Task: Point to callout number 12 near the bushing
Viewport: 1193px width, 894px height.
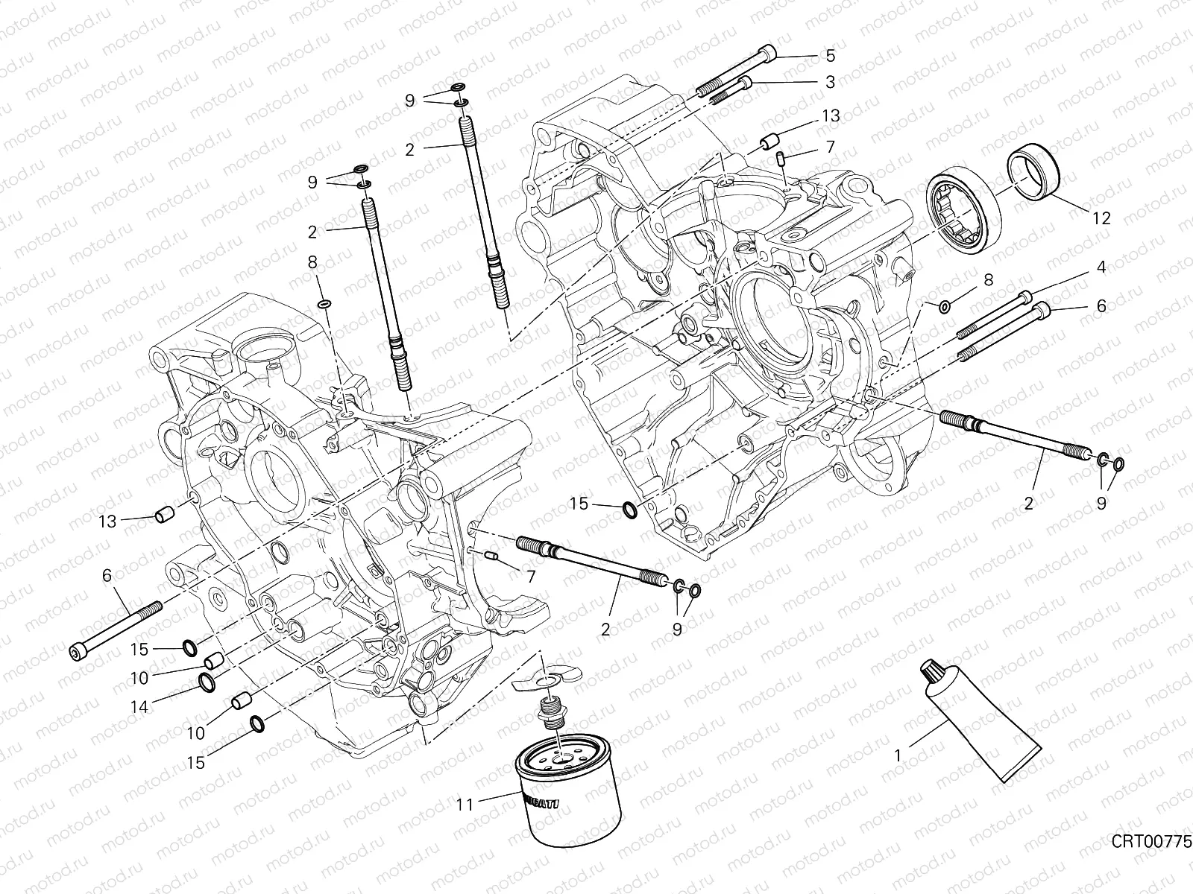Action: [1101, 218]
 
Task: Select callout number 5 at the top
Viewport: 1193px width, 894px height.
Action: [830, 56]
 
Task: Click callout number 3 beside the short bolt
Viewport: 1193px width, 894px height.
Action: [830, 83]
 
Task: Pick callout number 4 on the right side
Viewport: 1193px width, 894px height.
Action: [1101, 266]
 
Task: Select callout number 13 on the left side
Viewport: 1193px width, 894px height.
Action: [109, 521]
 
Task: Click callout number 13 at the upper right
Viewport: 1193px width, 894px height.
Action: [831, 115]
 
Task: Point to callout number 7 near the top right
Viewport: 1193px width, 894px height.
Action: [830, 147]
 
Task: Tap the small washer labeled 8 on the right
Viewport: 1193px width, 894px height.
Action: [944, 306]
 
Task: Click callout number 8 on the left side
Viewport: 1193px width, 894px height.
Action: [312, 261]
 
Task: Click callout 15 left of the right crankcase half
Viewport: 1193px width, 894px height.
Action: [579, 504]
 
